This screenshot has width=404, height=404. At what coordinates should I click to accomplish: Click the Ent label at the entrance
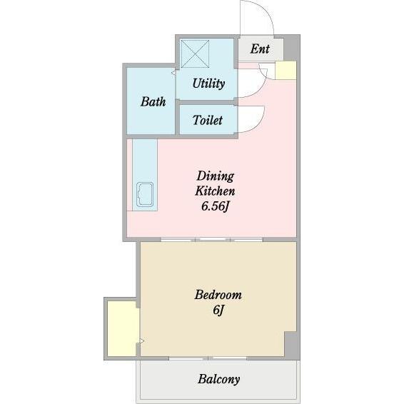point(260,49)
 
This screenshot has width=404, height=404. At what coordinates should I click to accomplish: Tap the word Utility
point(208,84)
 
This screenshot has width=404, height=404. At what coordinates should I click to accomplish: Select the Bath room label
point(153,101)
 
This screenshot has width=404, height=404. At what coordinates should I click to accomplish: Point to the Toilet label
point(208,121)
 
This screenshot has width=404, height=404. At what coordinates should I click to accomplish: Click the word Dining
point(215,176)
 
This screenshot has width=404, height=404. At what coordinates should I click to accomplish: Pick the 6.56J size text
point(215,206)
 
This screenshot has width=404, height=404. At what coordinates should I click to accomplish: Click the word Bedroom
point(218,294)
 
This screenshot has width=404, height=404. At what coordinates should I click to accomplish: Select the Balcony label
point(218,379)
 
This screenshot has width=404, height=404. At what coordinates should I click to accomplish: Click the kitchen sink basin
point(146,195)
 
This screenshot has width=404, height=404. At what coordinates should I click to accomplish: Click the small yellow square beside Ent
point(286,70)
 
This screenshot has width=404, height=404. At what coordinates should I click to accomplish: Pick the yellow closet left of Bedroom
point(122,328)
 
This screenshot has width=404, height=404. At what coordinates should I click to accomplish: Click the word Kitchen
point(215,191)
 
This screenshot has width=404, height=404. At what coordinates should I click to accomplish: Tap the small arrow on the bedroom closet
point(141,341)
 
